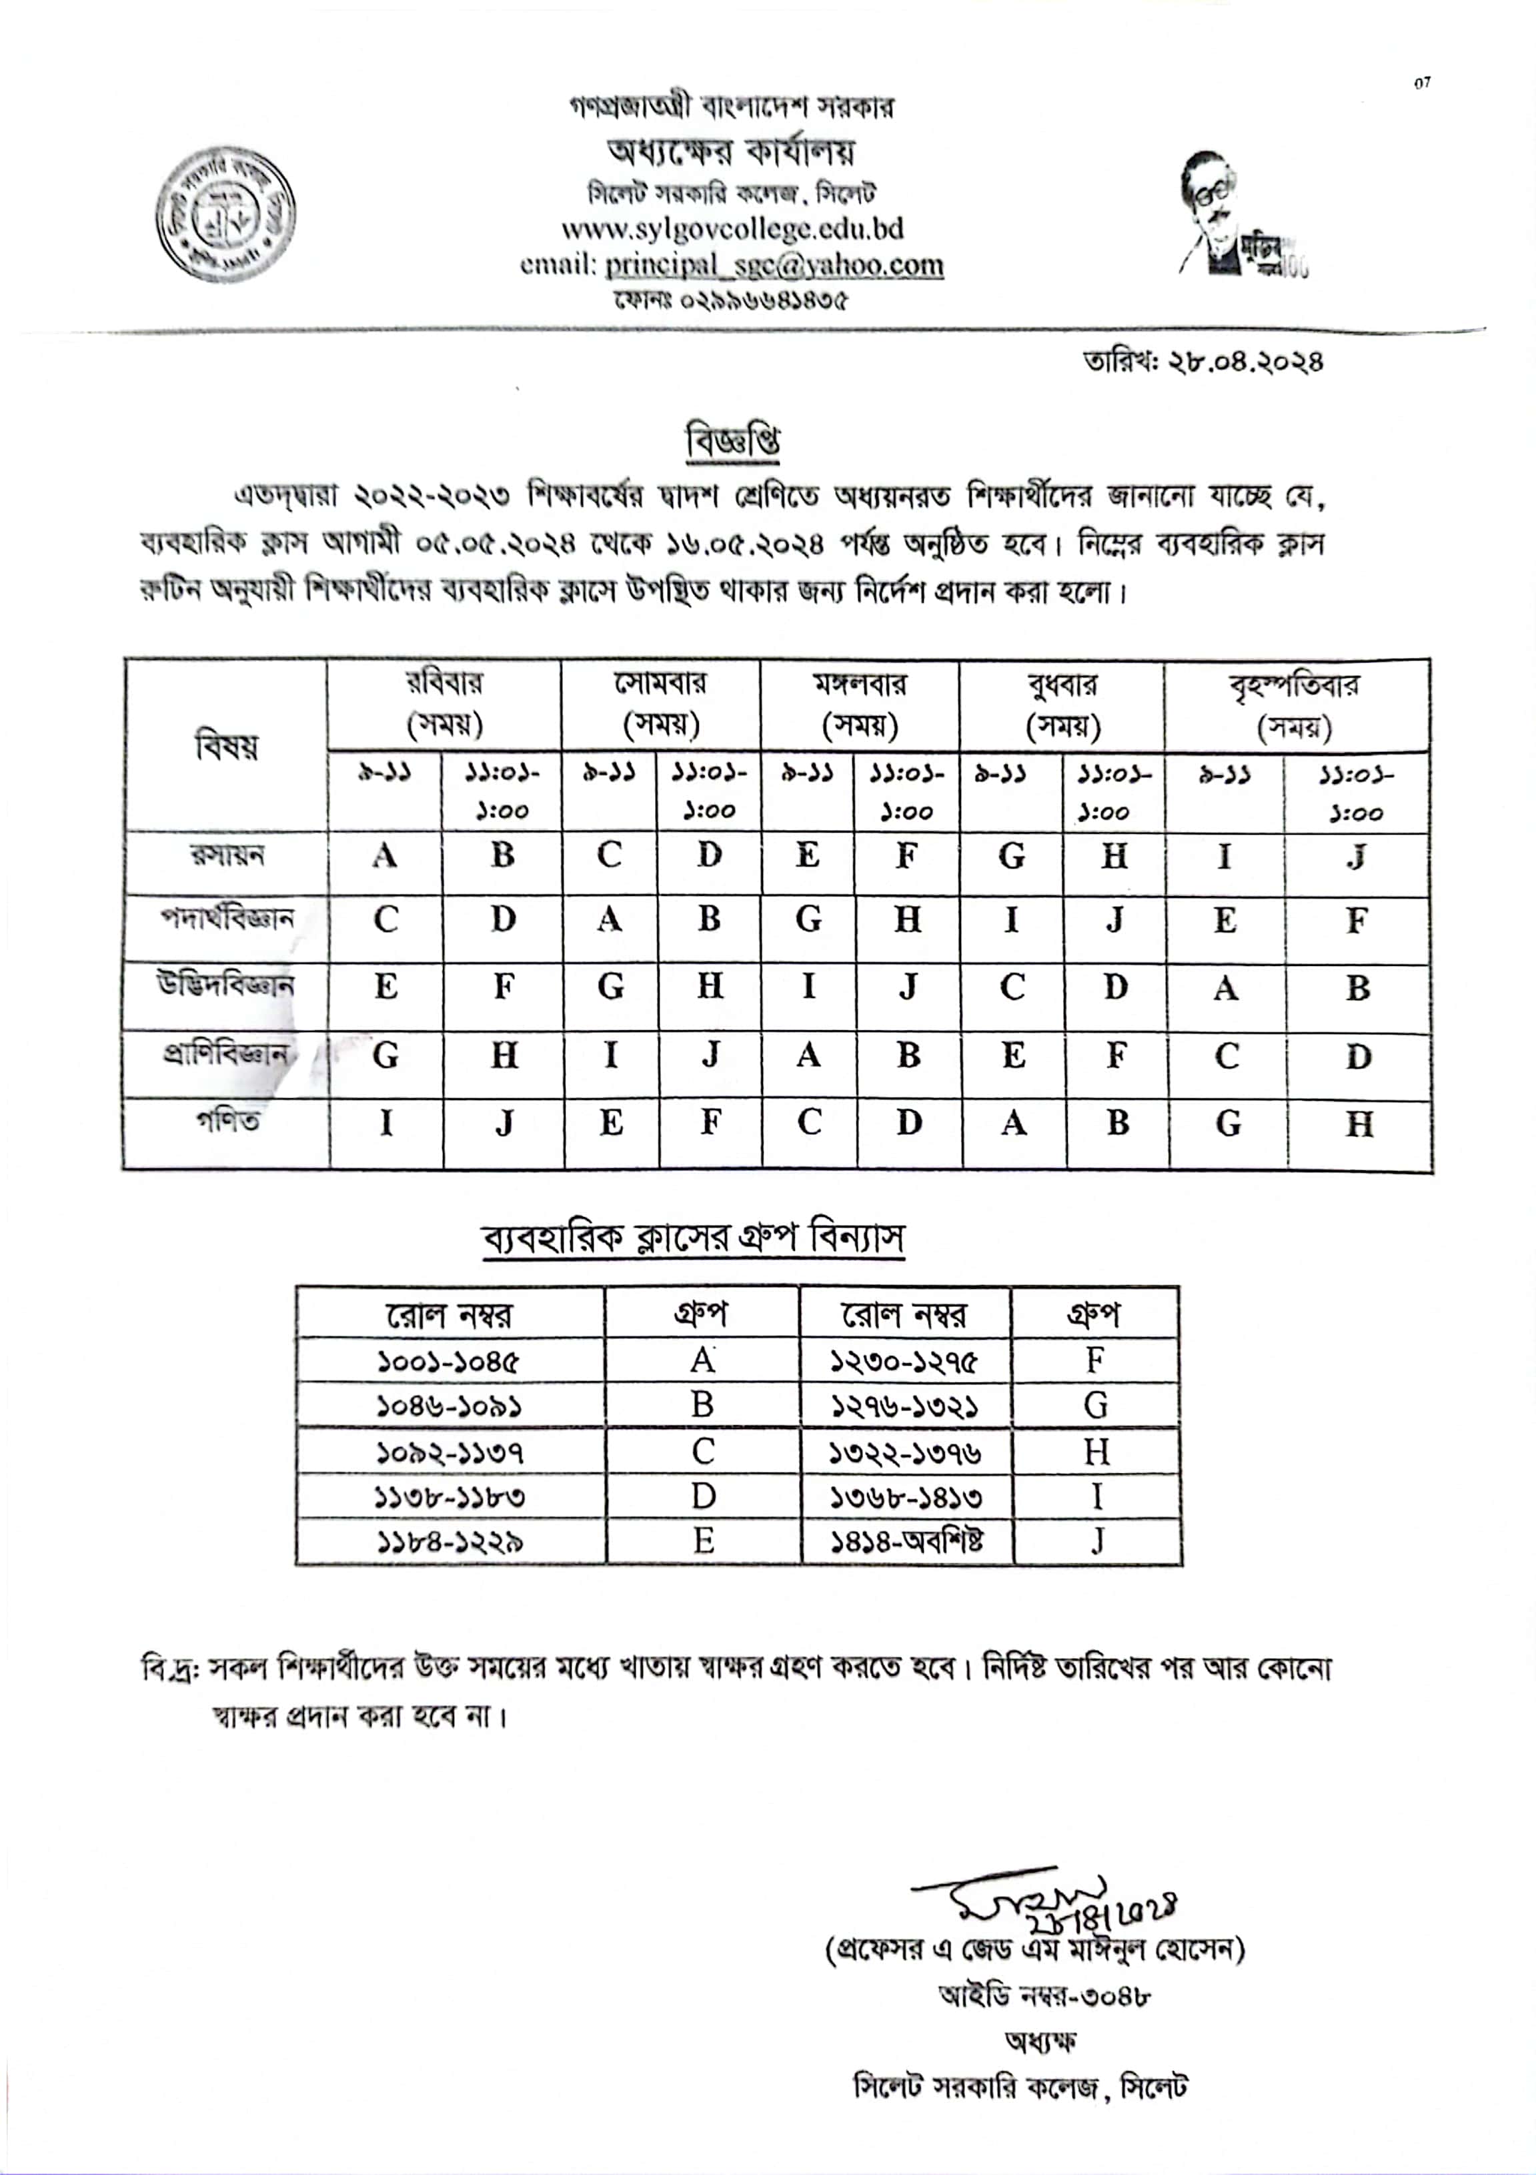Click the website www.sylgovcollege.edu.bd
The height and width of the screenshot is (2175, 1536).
(x=732, y=228)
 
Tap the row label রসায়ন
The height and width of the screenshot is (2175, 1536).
(x=227, y=855)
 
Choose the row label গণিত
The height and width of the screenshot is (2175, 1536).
(x=227, y=1122)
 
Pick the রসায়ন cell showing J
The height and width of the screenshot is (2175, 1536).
(x=1356, y=857)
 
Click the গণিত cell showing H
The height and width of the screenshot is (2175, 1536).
(x=1358, y=1124)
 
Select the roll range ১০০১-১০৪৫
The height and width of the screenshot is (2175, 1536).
(x=448, y=1361)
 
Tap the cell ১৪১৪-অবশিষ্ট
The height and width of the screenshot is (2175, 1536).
(x=906, y=1541)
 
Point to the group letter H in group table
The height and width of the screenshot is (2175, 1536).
(x=1096, y=1451)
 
